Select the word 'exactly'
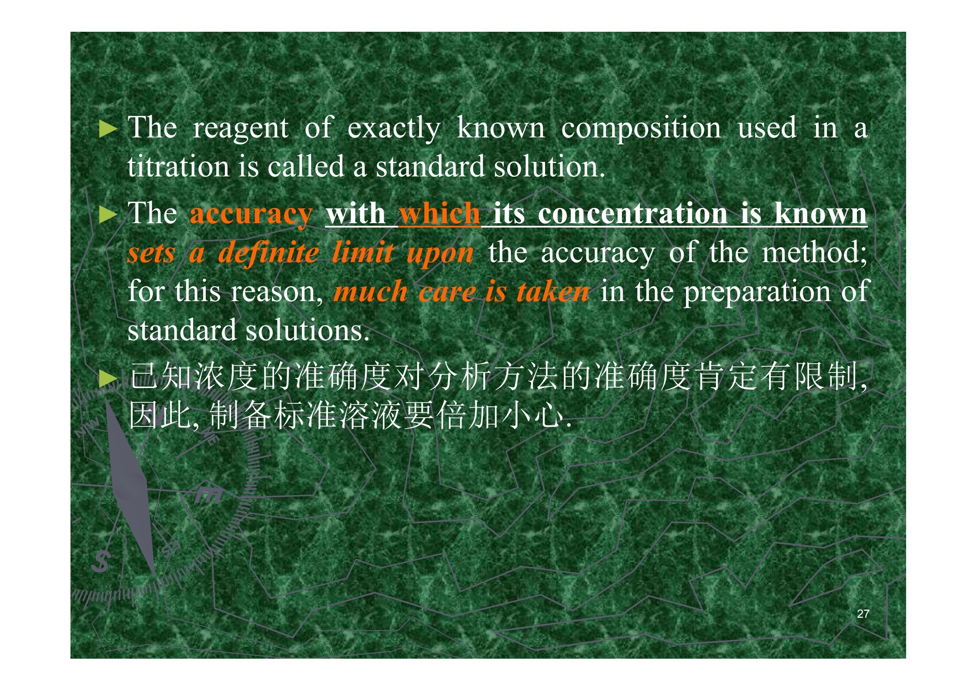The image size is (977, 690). coord(394,129)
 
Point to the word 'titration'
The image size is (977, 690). coord(178,167)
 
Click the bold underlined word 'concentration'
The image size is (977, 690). coord(632,214)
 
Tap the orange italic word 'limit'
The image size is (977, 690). coord(362,252)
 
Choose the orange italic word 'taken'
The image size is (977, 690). coord(553,291)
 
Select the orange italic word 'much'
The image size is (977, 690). coord(371,291)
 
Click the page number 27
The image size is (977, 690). coord(863,614)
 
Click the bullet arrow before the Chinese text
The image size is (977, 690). coord(108,378)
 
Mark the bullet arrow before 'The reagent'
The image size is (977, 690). coord(108,129)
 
